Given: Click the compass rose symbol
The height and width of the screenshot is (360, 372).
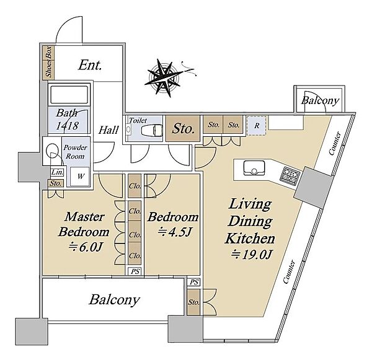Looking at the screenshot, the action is (164, 77).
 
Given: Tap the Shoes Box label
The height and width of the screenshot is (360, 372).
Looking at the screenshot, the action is (48, 62).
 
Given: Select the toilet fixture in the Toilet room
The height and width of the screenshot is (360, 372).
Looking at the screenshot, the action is (152, 130).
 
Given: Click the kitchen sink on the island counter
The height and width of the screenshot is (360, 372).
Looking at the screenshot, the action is (254, 168).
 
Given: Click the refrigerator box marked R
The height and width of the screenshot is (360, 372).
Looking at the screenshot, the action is (257, 126).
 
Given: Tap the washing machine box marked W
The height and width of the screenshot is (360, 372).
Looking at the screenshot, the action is (80, 177).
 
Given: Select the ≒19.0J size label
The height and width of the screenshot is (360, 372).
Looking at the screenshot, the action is (251, 255).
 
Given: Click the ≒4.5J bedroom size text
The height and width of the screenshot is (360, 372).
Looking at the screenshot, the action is (174, 232).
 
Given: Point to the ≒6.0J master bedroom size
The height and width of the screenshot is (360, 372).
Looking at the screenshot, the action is (85, 247).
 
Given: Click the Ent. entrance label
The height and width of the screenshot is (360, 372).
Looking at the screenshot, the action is (90, 65).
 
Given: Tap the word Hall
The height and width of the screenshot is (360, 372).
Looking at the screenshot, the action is (108, 130).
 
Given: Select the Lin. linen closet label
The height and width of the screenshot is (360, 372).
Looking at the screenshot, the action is (57, 172).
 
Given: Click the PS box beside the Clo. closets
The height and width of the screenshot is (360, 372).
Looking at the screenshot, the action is (135, 271).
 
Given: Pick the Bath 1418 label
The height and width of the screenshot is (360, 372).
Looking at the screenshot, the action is (67, 120).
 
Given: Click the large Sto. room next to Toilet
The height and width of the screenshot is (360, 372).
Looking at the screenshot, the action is (183, 129).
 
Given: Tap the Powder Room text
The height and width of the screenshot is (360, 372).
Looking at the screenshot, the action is (75, 152).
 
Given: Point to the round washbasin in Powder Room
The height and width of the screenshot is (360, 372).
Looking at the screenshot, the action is (52, 150).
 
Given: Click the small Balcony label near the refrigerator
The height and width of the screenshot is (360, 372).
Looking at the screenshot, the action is (320, 101).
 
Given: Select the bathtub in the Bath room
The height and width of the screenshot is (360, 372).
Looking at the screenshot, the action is (69, 94).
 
